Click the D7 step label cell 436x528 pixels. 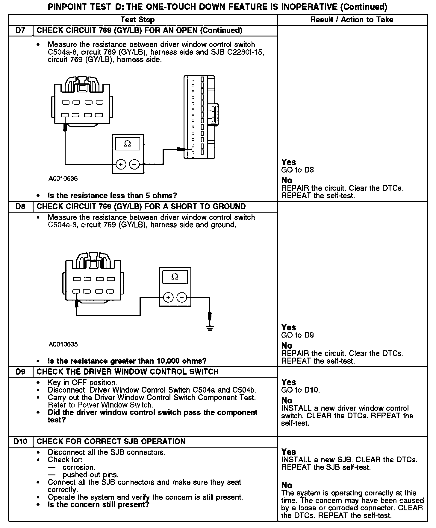(x=20, y=30)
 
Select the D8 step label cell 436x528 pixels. (x=20, y=207)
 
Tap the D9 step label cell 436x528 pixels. (x=20, y=372)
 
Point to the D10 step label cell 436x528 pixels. (x=20, y=442)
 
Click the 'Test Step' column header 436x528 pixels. (x=137, y=20)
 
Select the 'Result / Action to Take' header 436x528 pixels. (x=352, y=20)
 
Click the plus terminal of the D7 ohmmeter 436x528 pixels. (x=121, y=164)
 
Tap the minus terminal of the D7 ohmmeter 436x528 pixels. (x=134, y=164)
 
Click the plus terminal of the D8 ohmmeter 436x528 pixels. (x=168, y=297)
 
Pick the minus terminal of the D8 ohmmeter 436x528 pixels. (x=181, y=297)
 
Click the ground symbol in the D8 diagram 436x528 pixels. (x=210, y=328)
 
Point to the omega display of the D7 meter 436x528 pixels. (x=128, y=144)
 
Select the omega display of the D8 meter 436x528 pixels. (x=175, y=277)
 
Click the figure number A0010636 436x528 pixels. (x=63, y=179)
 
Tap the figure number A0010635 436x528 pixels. (x=63, y=344)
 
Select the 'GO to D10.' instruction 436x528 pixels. (x=300, y=390)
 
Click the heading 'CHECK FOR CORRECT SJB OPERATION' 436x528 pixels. (x=111, y=442)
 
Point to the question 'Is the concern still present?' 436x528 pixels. (x=99, y=505)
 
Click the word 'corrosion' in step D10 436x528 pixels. (x=79, y=467)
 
